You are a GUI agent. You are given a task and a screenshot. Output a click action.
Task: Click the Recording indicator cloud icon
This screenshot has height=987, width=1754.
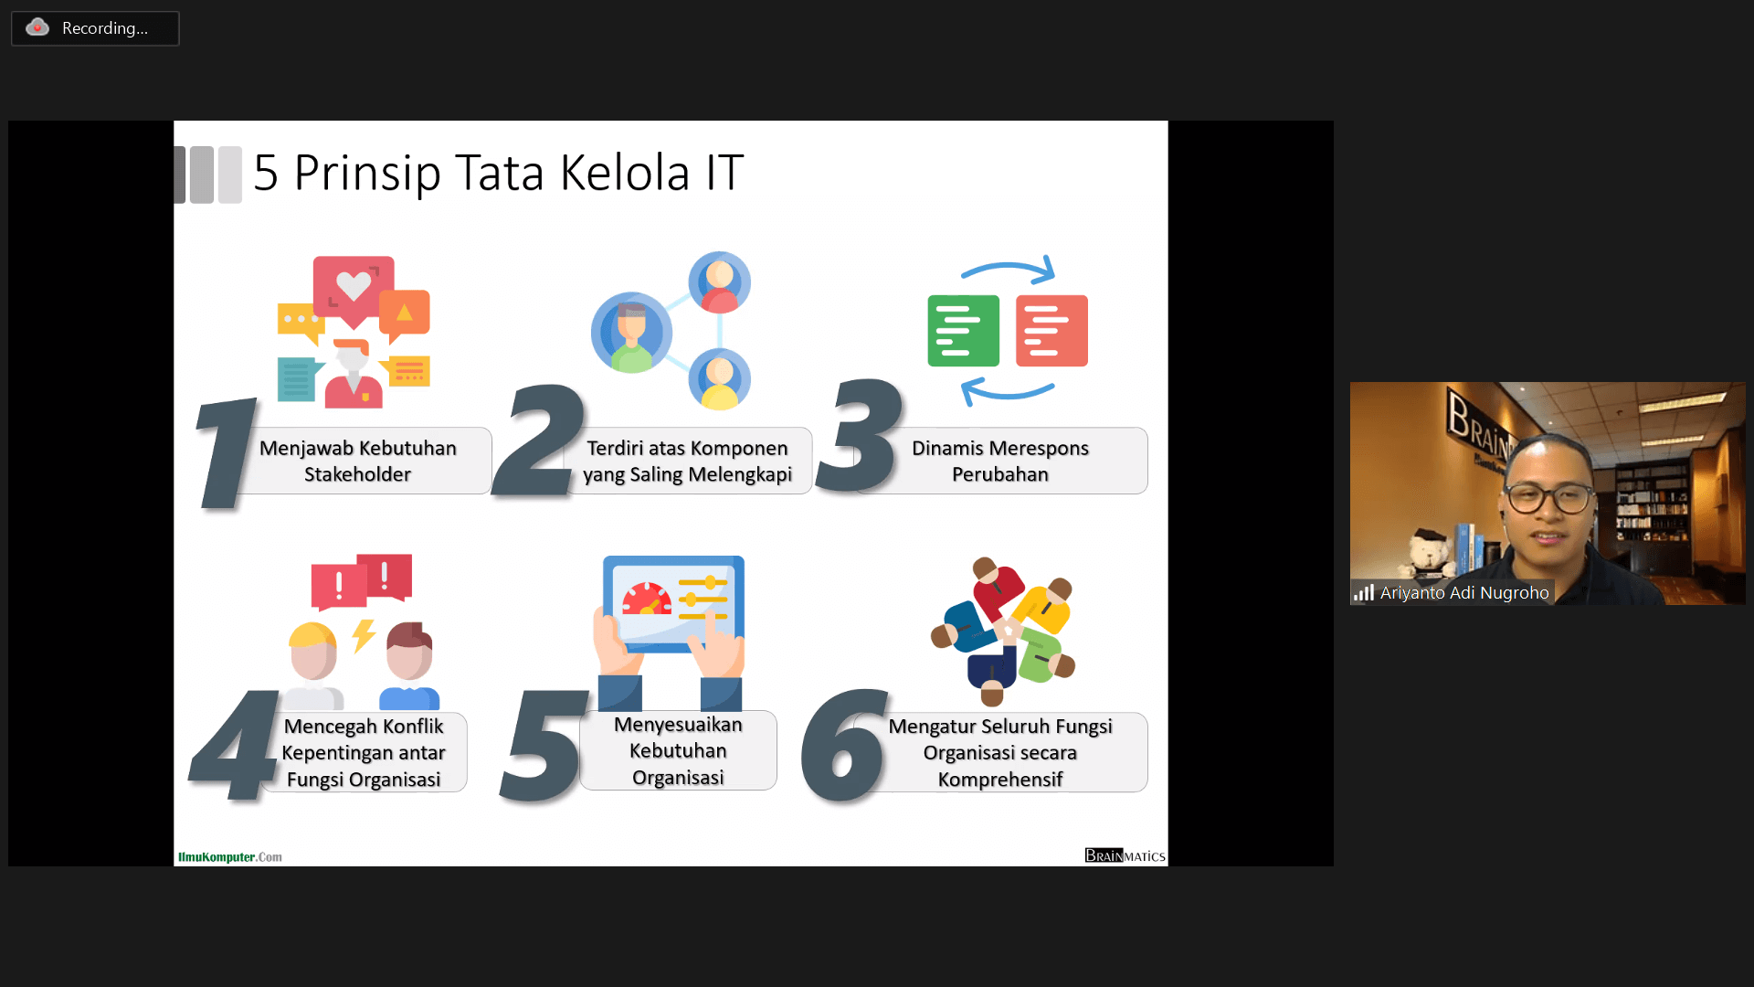37,27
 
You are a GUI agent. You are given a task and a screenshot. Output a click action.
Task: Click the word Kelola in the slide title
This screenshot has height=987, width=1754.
624,173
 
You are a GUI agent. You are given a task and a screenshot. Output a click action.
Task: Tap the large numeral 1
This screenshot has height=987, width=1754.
227,452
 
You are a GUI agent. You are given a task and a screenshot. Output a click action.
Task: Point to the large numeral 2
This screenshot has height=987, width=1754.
539,440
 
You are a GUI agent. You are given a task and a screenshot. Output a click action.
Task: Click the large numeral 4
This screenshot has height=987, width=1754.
235,744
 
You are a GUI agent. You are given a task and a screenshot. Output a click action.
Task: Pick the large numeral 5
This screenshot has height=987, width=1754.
544,746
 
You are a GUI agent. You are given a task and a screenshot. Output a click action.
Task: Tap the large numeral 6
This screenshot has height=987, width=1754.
844,746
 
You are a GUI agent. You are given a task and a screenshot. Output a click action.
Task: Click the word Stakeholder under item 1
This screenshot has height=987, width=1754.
357,474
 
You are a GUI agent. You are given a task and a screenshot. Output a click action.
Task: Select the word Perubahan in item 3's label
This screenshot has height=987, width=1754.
1000,474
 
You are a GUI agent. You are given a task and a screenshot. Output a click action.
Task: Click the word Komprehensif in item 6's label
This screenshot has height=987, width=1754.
1000,780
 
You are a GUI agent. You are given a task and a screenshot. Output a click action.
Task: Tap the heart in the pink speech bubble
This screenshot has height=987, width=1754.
354,285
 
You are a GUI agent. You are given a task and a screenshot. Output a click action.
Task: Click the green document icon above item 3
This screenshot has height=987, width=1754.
963,331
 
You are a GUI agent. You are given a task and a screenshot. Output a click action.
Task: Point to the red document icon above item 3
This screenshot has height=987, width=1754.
1051,331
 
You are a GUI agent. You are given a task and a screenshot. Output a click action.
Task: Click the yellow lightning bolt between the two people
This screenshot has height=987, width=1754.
364,635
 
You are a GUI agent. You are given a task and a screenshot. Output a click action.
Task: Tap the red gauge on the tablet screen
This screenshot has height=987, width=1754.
647,600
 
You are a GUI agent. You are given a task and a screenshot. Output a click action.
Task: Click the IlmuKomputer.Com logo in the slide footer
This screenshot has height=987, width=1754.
230,857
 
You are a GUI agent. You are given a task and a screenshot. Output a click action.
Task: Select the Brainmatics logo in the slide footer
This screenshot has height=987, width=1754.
1125,855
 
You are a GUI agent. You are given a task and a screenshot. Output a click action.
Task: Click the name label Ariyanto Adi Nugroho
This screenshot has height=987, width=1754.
1464,592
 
